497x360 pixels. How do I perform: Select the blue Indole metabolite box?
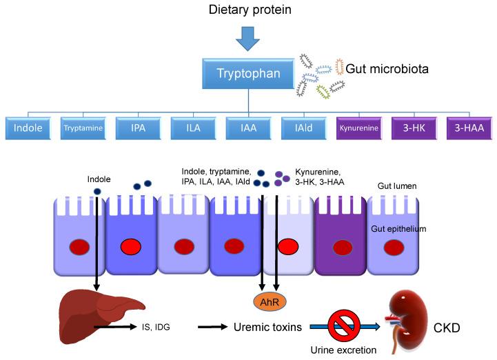click(27, 128)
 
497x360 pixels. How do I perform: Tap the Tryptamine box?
click(82, 128)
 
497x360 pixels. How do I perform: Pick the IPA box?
click(137, 128)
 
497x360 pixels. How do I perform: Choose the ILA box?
click(192, 128)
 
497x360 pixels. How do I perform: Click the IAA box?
click(247, 128)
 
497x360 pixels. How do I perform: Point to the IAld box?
click(303, 128)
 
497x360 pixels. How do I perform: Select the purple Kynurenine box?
click(358, 128)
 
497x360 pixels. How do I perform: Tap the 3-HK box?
click(413, 128)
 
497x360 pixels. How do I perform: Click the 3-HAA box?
click(468, 128)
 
